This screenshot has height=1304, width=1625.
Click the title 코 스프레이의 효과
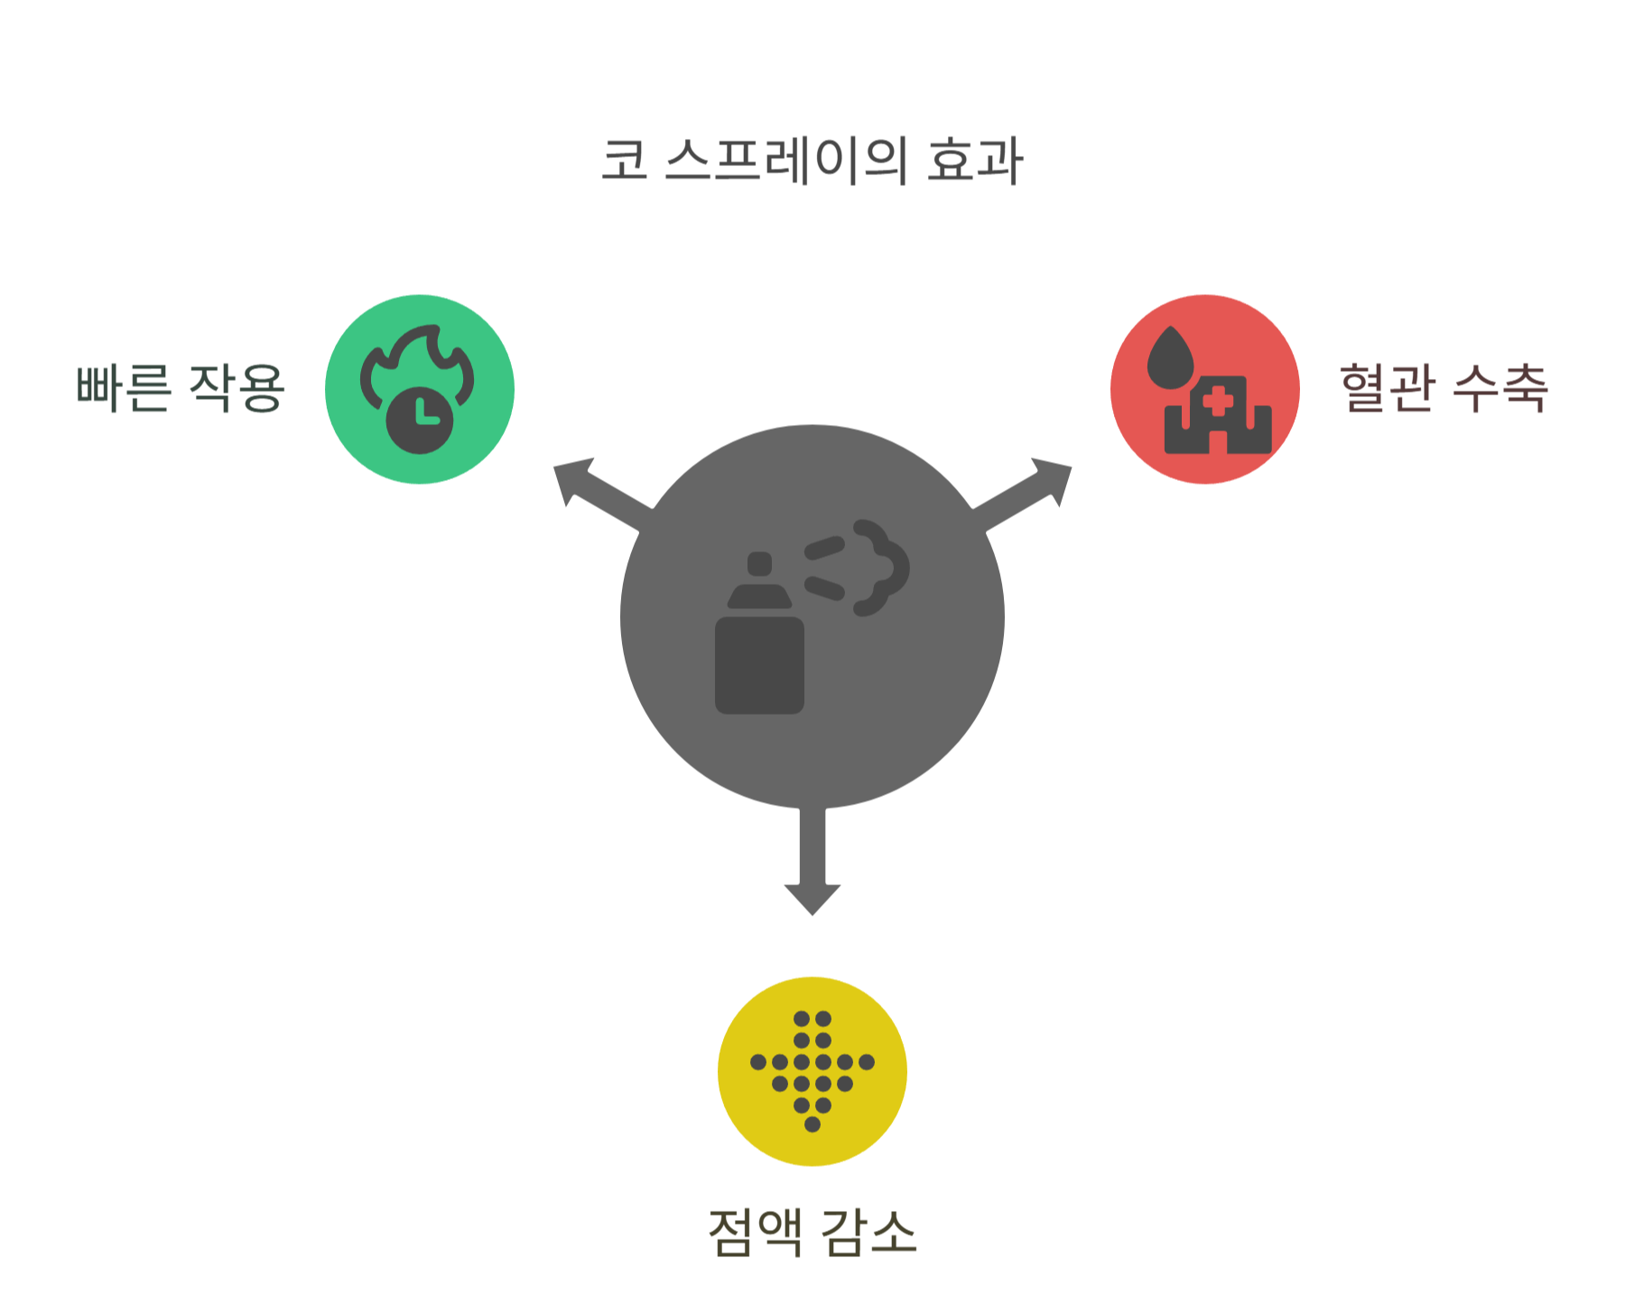pyautogui.click(x=812, y=161)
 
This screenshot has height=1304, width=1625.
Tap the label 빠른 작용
pyautogui.click(x=181, y=388)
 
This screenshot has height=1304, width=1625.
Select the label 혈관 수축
pyautogui.click(x=1444, y=388)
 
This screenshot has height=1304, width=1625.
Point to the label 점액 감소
pyautogui.click(x=812, y=1232)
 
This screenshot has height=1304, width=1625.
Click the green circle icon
pyautogui.click(x=420, y=389)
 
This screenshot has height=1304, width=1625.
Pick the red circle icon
pyautogui.click(x=1205, y=389)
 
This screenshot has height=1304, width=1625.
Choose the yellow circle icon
pyautogui.click(x=812, y=1071)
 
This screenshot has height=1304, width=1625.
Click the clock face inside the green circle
pyautogui.click(x=420, y=420)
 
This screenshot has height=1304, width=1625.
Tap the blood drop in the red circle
pyautogui.click(x=1170, y=358)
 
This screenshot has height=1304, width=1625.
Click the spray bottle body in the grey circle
pyautogui.click(x=759, y=665)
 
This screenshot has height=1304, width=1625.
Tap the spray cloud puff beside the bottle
pyautogui.click(x=880, y=567)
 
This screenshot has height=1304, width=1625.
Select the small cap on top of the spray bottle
pyautogui.click(x=760, y=564)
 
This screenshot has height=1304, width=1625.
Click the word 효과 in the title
pyautogui.click(x=975, y=161)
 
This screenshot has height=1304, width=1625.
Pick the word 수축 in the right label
pyautogui.click(x=1500, y=388)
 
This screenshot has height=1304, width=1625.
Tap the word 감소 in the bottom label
pyautogui.click(x=868, y=1232)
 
